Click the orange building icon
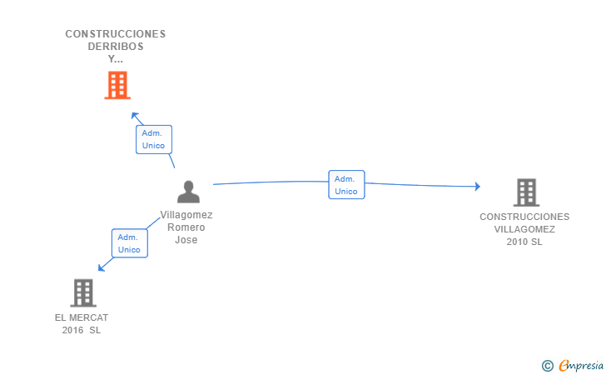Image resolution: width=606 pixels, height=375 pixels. pyautogui.click(x=117, y=85)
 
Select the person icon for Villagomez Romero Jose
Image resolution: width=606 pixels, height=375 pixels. pyautogui.click(x=188, y=192)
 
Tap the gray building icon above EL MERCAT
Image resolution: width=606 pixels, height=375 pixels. pyautogui.click(x=83, y=293)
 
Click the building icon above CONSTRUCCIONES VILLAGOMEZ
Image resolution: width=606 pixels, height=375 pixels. pyautogui.click(x=526, y=192)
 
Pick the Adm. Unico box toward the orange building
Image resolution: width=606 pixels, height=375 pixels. pyautogui.click(x=154, y=139)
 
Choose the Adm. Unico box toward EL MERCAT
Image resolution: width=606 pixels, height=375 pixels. pyautogui.click(x=130, y=243)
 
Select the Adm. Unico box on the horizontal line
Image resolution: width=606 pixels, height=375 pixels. pyautogui.click(x=346, y=185)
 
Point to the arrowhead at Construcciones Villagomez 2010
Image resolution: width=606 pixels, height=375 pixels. pyautogui.click(x=478, y=186)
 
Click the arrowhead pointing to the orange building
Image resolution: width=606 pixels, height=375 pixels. pyautogui.click(x=135, y=116)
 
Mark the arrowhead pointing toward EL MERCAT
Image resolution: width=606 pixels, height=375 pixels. pyautogui.click(x=102, y=267)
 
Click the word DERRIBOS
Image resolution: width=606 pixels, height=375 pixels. pyautogui.click(x=116, y=47)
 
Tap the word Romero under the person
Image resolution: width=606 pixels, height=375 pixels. pyautogui.click(x=186, y=227)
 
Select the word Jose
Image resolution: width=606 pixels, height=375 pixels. pyautogui.click(x=186, y=240)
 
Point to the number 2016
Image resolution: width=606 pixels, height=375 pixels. pyautogui.click(x=72, y=330)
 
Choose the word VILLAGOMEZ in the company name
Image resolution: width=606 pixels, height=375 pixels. pyautogui.click(x=524, y=229)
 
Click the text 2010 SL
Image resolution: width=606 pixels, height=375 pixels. pyautogui.click(x=524, y=242)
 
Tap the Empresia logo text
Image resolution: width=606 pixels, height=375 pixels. pyautogui.click(x=581, y=365)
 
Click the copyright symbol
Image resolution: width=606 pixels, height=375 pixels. pyautogui.click(x=547, y=366)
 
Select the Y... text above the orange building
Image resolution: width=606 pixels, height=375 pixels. pyautogui.click(x=115, y=59)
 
